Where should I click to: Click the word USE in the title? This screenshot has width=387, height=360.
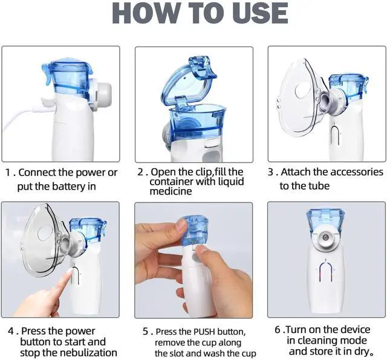click(x=260, y=13)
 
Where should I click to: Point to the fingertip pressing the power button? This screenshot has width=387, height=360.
click(x=70, y=271)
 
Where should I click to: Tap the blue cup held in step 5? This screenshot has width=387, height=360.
click(x=195, y=231)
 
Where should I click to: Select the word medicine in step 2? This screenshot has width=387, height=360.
click(x=171, y=191)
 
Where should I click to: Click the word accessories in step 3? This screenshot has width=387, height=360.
click(x=348, y=172)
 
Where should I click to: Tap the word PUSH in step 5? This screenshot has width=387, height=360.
click(x=204, y=332)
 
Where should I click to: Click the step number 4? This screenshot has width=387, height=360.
click(x=11, y=331)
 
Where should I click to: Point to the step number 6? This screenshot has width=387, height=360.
click(x=278, y=330)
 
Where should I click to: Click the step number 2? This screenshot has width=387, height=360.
click(x=140, y=172)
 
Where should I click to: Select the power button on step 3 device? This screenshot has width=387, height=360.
click(x=335, y=136)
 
